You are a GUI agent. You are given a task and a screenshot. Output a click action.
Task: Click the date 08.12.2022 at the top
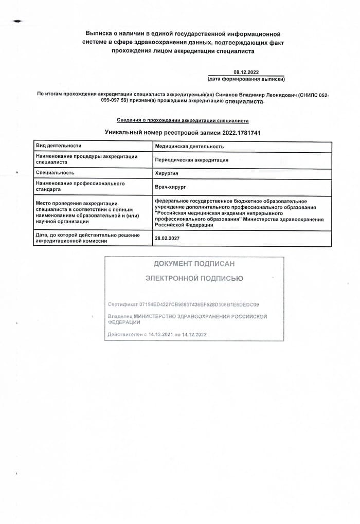click(x=246, y=73)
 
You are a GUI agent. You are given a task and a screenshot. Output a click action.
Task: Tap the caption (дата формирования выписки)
click(x=246, y=79)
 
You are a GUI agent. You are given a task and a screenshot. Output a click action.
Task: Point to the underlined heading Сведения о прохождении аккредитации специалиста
click(x=183, y=121)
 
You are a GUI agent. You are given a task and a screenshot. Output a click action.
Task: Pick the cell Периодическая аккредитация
click(x=191, y=160)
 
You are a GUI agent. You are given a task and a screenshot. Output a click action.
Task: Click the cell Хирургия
click(x=167, y=173)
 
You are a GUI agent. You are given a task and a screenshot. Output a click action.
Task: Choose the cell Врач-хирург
click(x=170, y=186)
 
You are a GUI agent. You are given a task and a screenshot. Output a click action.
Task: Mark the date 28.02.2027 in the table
click(x=167, y=239)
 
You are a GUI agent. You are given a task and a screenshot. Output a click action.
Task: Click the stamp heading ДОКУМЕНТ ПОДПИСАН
click(x=194, y=264)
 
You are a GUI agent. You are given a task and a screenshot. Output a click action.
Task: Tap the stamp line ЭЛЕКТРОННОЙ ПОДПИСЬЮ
click(x=194, y=278)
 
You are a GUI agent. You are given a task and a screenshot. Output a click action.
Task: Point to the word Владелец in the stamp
click(x=120, y=317)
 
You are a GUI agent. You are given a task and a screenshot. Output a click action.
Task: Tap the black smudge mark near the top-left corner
click(x=19, y=22)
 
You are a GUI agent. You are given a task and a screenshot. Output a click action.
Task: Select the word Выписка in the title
click(x=100, y=34)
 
